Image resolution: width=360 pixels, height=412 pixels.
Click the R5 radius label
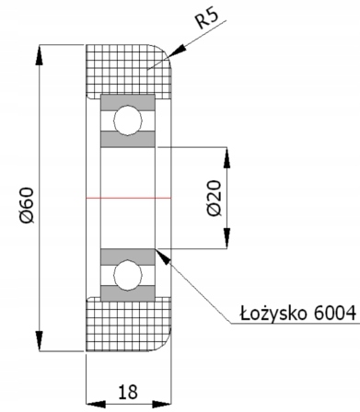tap(207, 19)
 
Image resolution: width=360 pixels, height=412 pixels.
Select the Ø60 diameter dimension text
tap(27, 205)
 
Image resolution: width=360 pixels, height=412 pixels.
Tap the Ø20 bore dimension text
tap(215, 199)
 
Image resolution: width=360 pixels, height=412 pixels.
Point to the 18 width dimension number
tap(128, 392)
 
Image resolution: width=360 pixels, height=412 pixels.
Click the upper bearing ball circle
tap(128, 120)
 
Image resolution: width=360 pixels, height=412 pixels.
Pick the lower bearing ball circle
tap(128, 275)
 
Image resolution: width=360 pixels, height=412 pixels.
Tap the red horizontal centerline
tap(129, 198)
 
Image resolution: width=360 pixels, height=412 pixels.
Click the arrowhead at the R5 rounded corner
tap(177, 51)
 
